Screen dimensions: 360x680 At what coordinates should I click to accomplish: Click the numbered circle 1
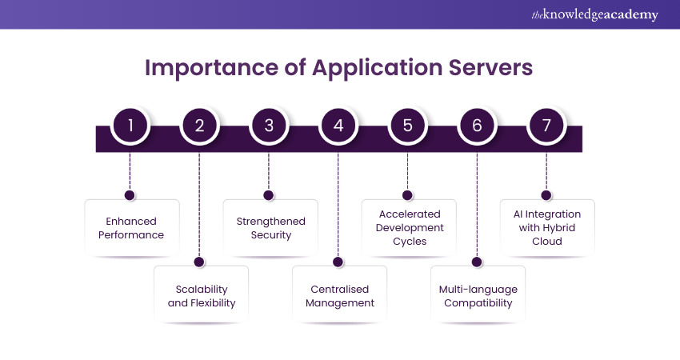tap(130, 126)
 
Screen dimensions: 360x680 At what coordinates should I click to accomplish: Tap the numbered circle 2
tap(199, 126)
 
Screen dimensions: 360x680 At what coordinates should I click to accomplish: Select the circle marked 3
tap(269, 126)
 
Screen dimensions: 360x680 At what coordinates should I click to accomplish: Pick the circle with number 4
tap(338, 126)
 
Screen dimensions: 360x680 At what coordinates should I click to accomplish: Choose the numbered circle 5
tap(408, 126)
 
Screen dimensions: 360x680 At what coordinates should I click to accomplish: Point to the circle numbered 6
tap(478, 126)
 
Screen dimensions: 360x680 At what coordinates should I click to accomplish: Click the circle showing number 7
tap(546, 126)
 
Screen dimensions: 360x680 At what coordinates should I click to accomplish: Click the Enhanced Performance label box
tap(132, 228)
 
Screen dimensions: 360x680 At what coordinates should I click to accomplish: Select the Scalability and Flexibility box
tap(201, 295)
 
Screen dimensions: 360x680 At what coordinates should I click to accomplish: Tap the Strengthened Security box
tap(270, 228)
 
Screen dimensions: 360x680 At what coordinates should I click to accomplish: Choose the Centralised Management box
tap(339, 295)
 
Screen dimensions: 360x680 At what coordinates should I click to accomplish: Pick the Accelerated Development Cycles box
tap(409, 228)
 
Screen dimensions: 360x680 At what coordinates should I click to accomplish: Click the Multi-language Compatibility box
tap(478, 295)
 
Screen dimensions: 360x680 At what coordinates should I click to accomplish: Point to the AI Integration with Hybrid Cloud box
tap(547, 228)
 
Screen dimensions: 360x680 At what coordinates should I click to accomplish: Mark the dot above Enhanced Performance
tap(130, 194)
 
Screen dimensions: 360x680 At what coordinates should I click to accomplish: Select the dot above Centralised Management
tap(338, 262)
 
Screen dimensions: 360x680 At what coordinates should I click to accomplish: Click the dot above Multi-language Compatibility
tap(477, 262)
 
